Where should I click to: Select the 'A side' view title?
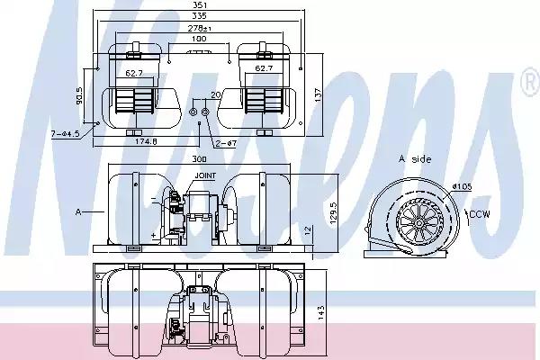[x=415, y=158]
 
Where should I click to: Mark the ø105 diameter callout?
[x=463, y=186]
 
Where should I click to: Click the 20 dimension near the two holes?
[x=216, y=94]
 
